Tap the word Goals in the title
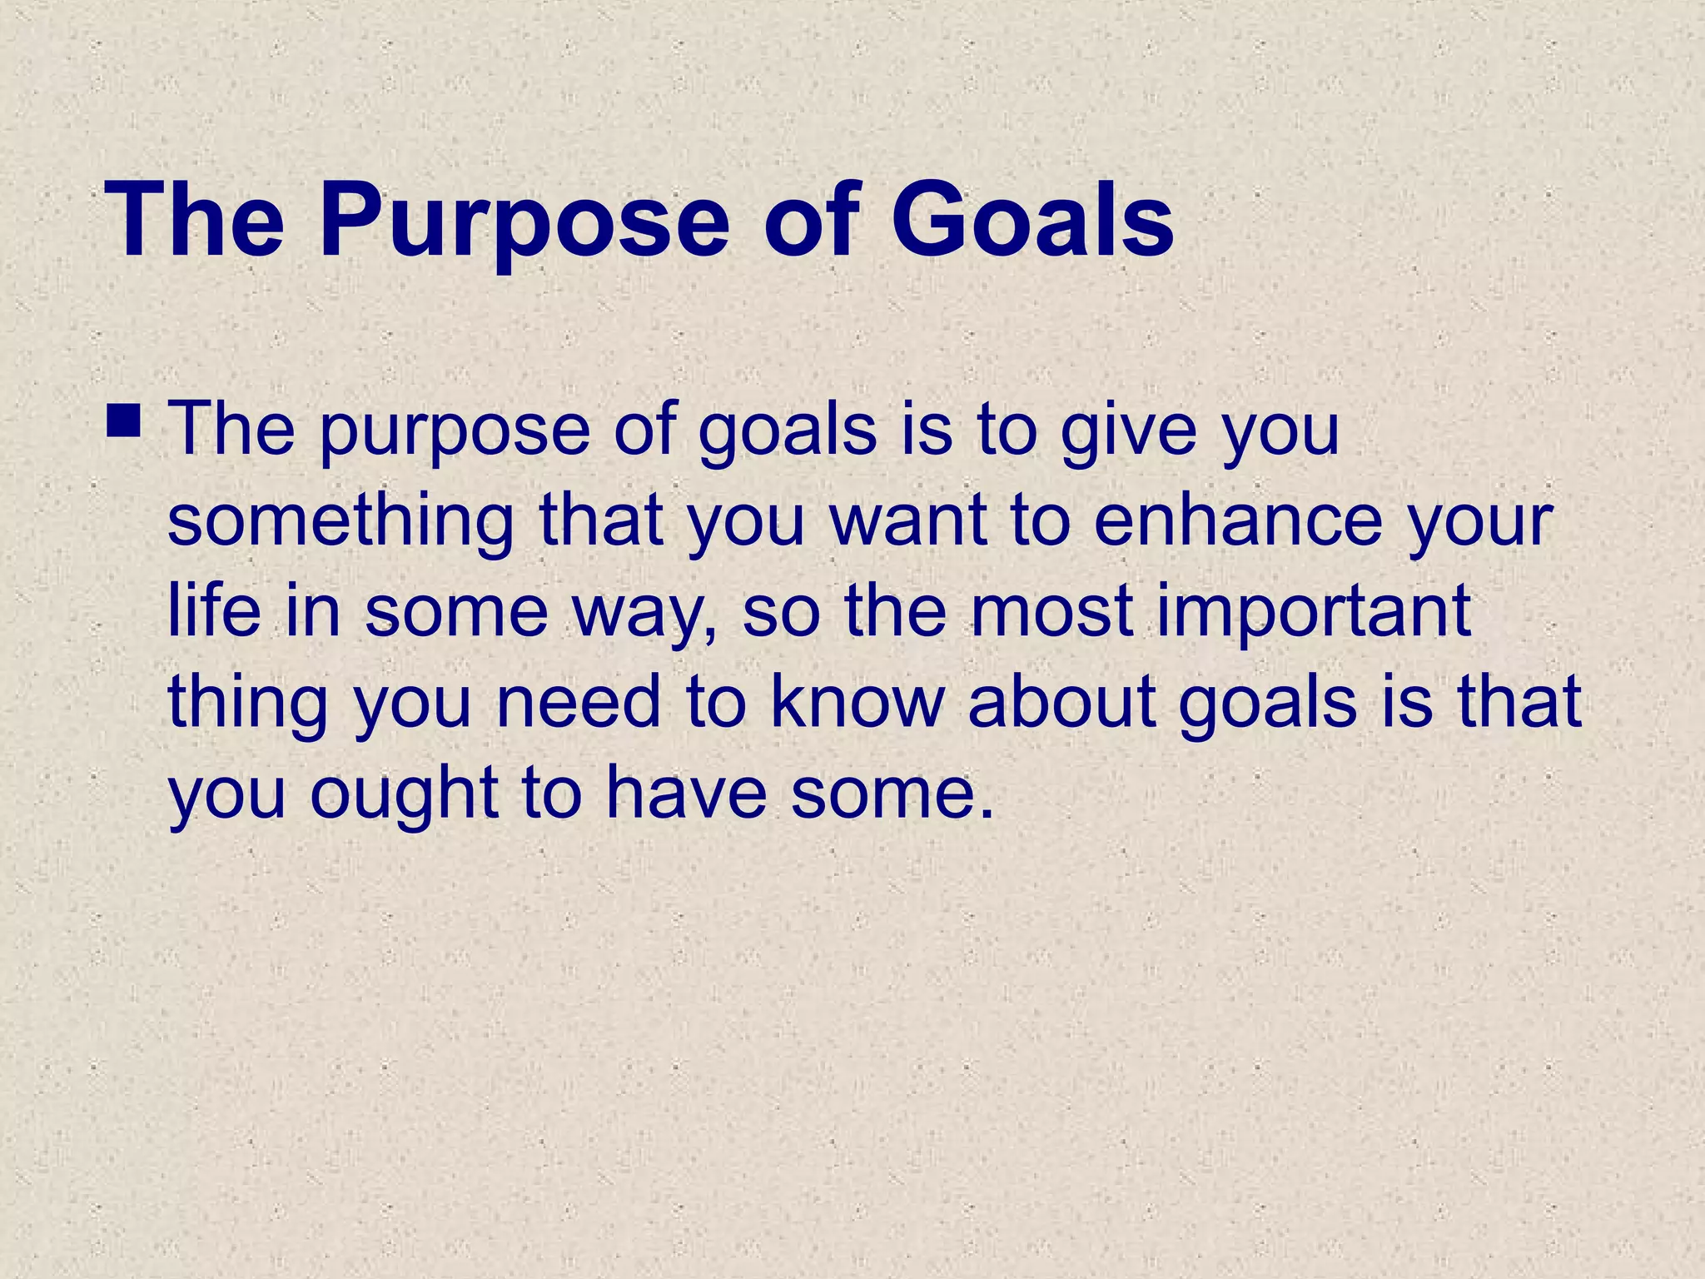1032,221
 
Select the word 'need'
579,702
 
